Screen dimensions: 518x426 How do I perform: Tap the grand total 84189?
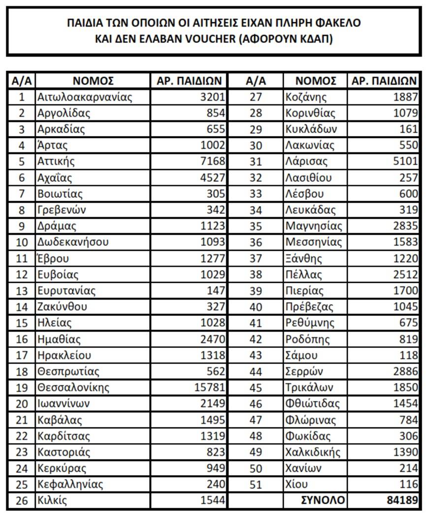pos(401,501)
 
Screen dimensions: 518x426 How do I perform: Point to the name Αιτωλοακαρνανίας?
pos(85,97)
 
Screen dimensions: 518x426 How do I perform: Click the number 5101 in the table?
pos(405,161)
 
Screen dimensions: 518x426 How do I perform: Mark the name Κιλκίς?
pos(52,501)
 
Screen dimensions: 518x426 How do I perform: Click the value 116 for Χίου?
pos(408,484)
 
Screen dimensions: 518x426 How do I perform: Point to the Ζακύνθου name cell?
pos(62,307)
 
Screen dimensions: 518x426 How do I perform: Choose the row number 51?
pos(256,484)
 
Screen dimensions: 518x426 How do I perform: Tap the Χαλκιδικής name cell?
pos(313,452)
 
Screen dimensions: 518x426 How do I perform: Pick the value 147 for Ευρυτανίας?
pos(216,291)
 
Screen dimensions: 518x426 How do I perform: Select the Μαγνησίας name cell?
pos(314,226)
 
